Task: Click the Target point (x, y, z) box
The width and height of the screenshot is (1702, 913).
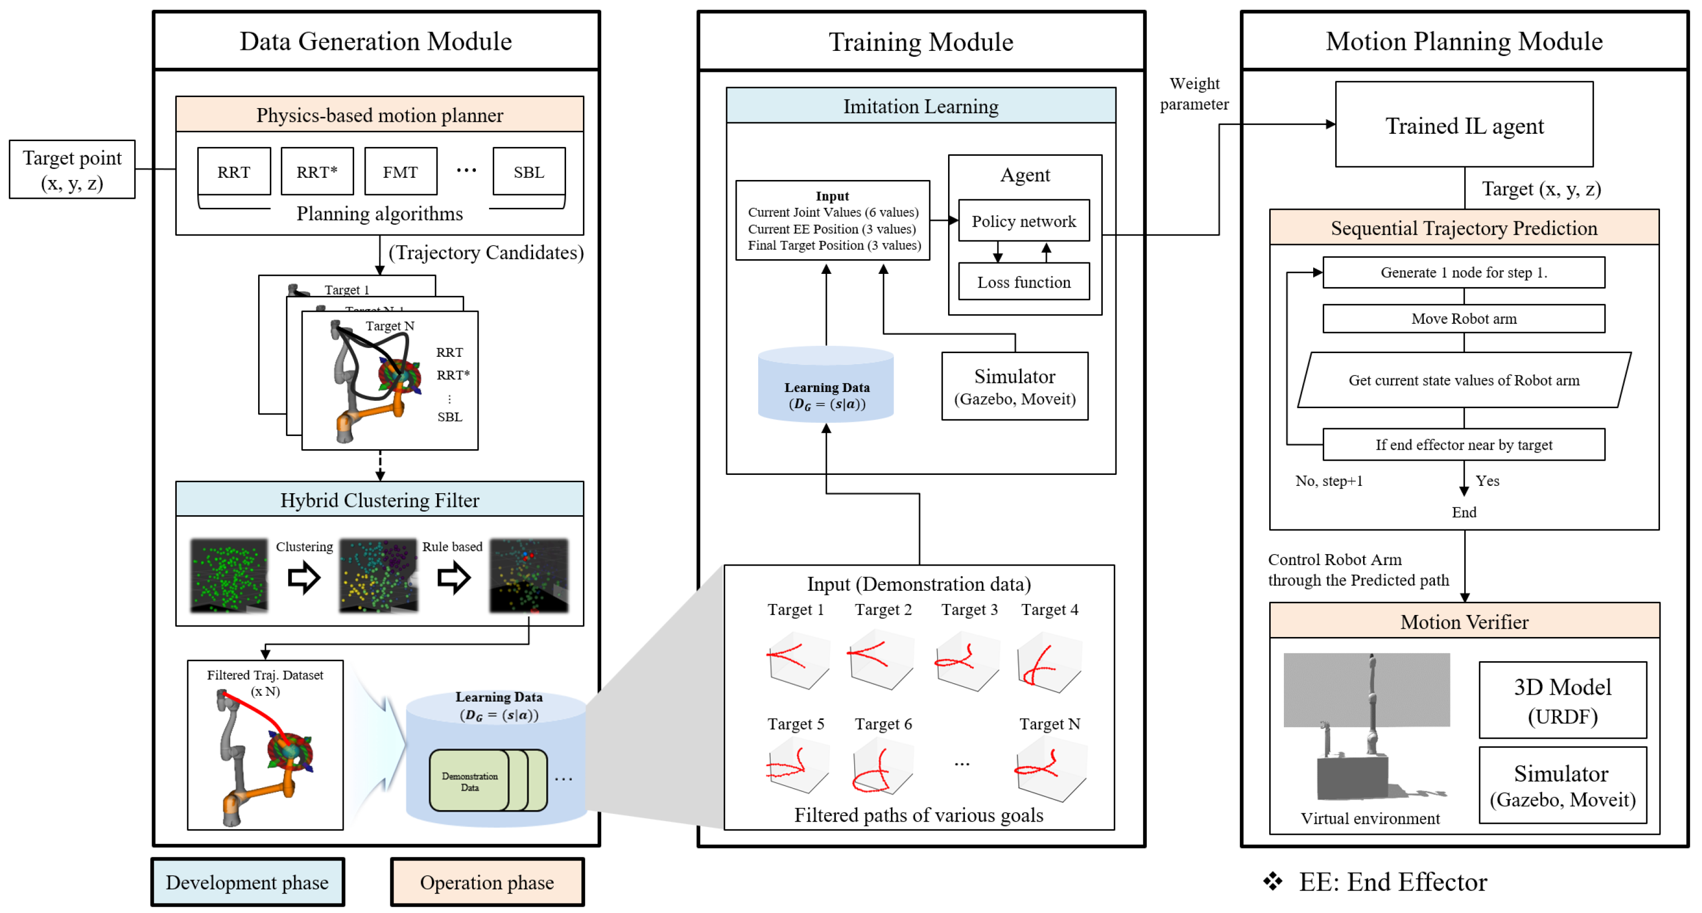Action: [x=72, y=169]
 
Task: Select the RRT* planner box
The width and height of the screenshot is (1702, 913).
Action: [x=317, y=172]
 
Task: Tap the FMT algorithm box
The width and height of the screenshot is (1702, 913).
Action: [x=400, y=172]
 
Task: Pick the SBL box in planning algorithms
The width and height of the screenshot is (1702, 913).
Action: [x=528, y=172]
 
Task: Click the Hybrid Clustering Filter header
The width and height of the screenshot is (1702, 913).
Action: [x=379, y=500]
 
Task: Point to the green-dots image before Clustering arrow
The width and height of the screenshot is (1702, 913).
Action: [x=229, y=574]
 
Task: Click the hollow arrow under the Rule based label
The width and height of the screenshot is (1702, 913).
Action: [x=454, y=577]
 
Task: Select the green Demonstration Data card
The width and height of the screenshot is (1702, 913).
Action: [x=469, y=781]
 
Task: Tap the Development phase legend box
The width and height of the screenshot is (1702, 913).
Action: [x=247, y=882]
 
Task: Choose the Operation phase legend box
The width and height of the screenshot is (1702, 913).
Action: [x=487, y=882]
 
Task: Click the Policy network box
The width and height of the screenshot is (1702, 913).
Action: [x=1024, y=221]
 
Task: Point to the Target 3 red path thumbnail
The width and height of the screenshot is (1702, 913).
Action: [x=968, y=661]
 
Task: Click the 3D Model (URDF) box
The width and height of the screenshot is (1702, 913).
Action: [x=1562, y=700]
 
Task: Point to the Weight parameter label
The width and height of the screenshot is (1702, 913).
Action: [x=1194, y=93]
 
